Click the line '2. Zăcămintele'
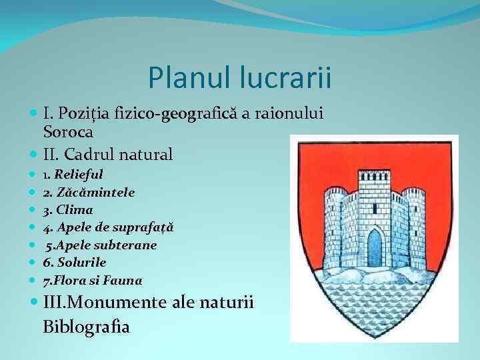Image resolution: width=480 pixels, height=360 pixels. pos(89,192)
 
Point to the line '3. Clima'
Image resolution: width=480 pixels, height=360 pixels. pos(68,210)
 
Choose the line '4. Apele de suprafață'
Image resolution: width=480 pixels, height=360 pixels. pos(108,227)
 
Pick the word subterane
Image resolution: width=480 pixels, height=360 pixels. pos(126,245)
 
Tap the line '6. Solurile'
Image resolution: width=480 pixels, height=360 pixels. pos(75,263)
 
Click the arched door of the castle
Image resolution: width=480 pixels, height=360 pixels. pos(375,248)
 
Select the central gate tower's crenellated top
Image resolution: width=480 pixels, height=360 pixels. pos(375,175)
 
